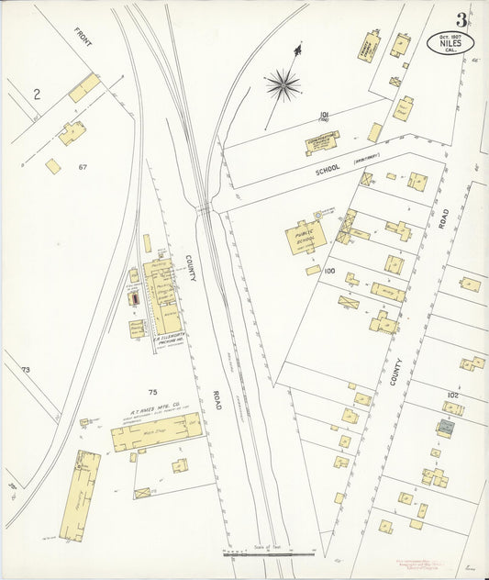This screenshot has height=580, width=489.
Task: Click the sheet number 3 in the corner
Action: [461, 19]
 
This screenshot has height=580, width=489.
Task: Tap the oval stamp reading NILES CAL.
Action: [451, 42]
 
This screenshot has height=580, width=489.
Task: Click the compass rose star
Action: [283, 86]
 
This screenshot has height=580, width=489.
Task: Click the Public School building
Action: [305, 236]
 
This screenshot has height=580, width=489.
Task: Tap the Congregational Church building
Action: [322, 141]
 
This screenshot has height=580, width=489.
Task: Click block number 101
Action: [324, 116]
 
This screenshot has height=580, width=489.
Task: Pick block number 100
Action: [329, 273]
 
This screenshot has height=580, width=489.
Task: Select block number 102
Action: [452, 396]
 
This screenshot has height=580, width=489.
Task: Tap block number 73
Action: [26, 370]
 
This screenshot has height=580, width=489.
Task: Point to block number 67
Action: [83, 166]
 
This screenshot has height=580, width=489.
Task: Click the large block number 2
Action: [37, 94]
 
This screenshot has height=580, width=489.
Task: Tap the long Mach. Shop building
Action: [156, 431]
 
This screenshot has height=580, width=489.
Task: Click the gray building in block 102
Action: [445, 427]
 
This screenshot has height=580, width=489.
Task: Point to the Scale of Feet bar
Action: [269, 554]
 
